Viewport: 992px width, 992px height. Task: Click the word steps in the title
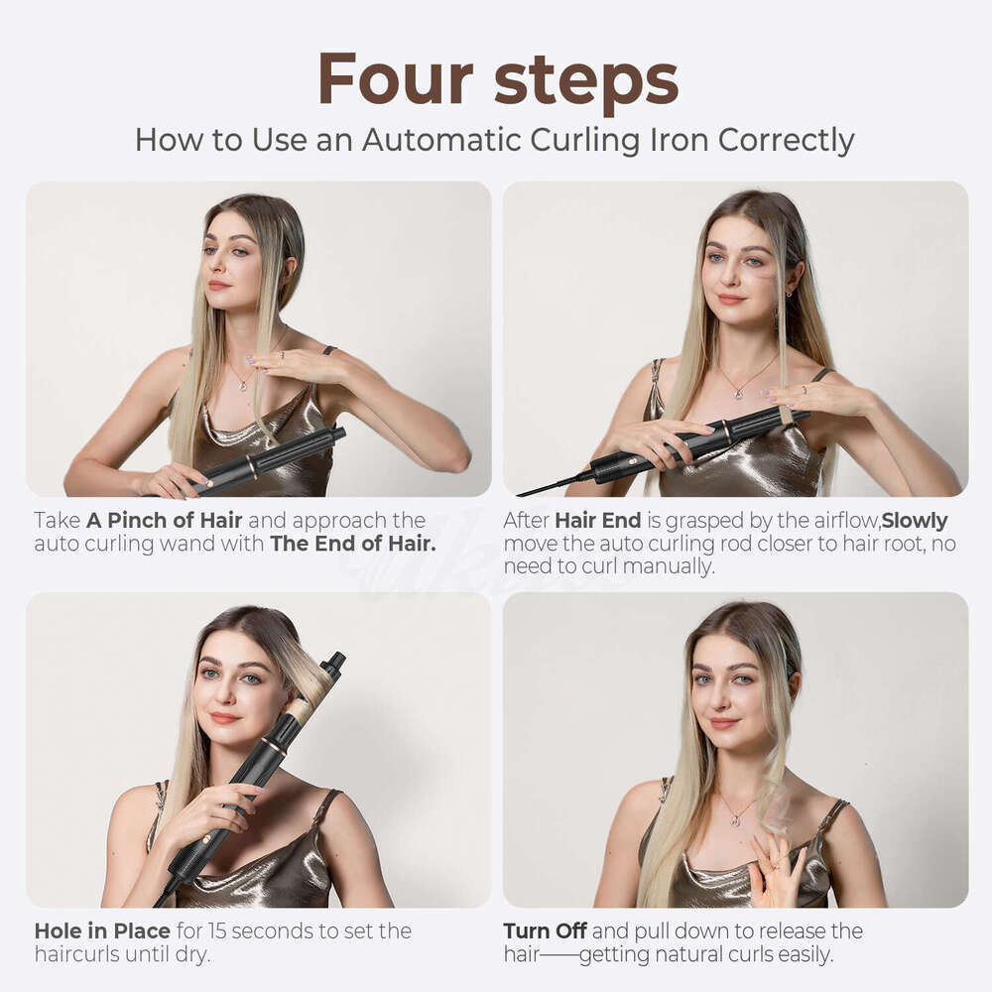pyautogui.click(x=586, y=79)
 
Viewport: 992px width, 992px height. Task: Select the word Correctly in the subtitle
pyautogui.click(x=786, y=140)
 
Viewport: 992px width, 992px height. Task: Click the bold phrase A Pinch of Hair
pyautogui.click(x=164, y=520)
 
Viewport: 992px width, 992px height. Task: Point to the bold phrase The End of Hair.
pyautogui.click(x=352, y=544)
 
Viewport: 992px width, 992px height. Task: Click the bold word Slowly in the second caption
pyautogui.click(x=915, y=520)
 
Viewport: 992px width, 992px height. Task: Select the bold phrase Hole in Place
pyautogui.click(x=102, y=930)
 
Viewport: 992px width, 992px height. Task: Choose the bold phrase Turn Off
pyautogui.click(x=545, y=930)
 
